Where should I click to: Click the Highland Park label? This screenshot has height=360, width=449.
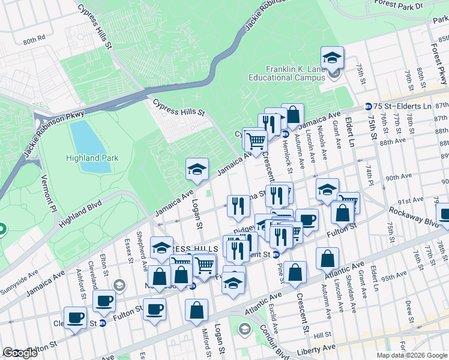(92, 158)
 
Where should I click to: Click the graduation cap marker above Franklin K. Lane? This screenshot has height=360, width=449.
(332, 58)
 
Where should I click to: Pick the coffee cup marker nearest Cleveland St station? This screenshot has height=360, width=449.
(76, 318)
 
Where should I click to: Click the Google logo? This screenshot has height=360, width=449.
(20, 353)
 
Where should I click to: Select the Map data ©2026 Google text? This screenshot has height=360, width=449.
(412, 355)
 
